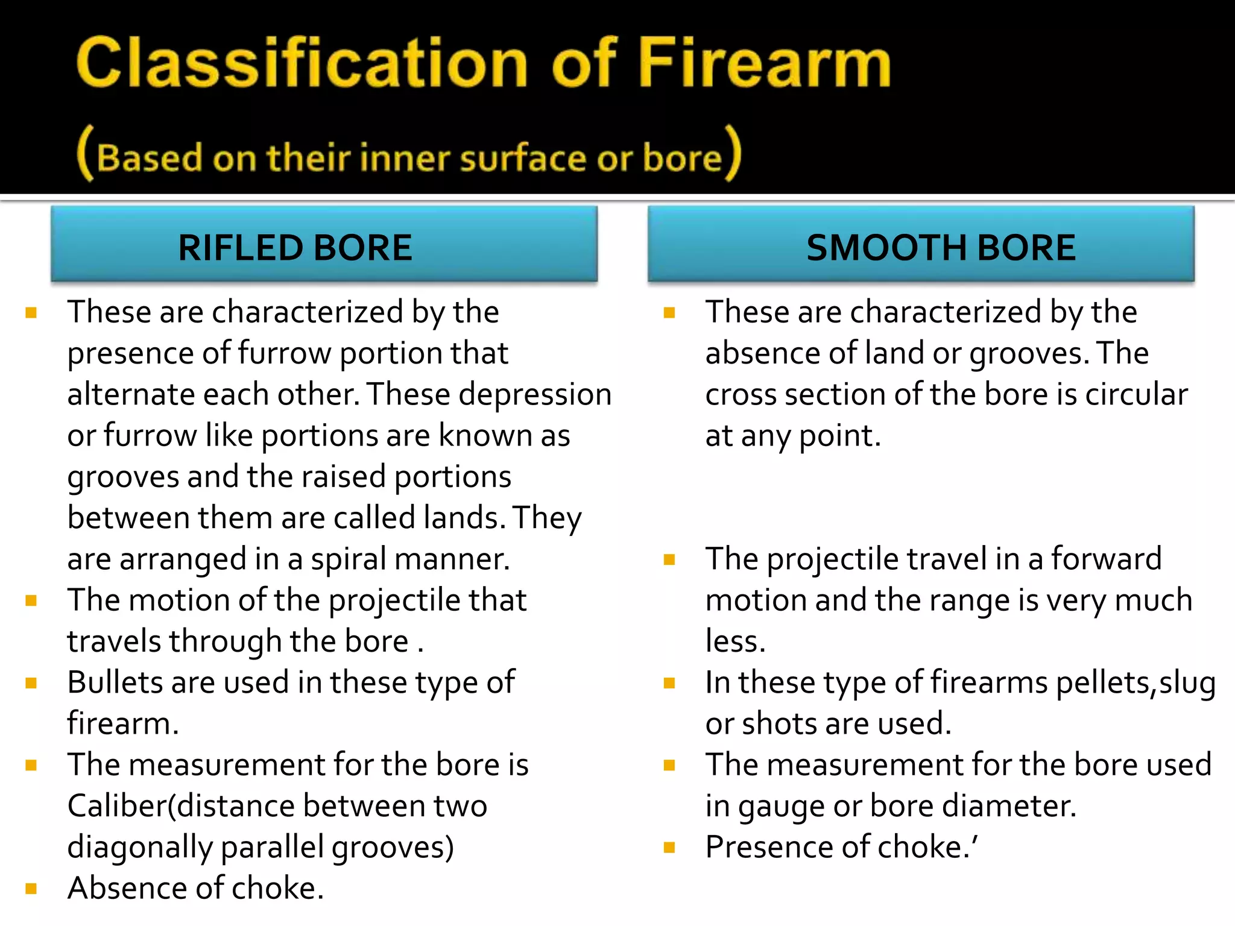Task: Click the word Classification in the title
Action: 302,63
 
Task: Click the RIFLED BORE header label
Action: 295,248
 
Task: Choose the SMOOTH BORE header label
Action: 941,248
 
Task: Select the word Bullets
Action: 115,682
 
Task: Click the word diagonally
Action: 139,848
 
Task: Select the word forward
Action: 1106,559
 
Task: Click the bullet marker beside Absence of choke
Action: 31,889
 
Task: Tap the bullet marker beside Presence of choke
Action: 669,848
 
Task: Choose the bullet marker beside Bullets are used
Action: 31,683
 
